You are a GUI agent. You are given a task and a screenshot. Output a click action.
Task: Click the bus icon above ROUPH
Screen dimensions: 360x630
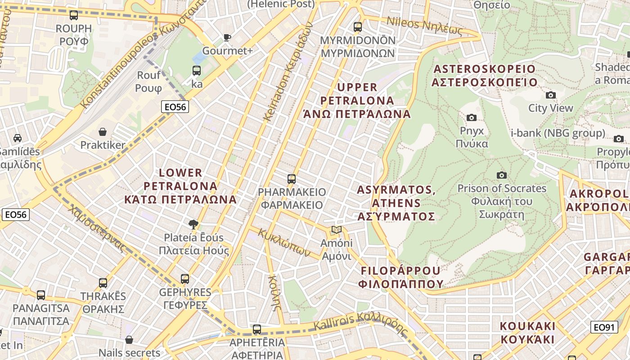tap(74, 15)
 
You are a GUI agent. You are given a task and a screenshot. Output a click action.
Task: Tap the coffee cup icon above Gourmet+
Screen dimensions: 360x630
tap(227, 37)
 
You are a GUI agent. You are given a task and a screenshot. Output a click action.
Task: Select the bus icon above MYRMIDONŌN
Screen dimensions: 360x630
tap(358, 27)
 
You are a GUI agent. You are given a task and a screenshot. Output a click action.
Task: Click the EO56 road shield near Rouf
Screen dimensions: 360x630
tap(175, 107)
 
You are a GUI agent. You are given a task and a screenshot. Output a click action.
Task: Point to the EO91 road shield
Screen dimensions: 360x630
tap(604, 327)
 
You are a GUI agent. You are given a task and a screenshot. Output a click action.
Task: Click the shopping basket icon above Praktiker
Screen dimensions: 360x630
tap(103, 132)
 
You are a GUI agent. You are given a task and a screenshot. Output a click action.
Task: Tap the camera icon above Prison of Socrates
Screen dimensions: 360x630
tap(501, 175)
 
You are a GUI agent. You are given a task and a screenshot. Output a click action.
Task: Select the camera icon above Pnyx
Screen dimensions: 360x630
tap(472, 118)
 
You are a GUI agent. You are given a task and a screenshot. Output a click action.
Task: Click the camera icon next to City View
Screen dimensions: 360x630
tap(550, 95)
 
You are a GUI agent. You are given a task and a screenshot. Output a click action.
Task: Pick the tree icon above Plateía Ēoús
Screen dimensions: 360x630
tap(193, 224)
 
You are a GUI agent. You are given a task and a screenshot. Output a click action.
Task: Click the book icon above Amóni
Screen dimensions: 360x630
tap(336, 230)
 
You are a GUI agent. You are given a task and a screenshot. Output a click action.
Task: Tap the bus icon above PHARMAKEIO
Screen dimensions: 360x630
tap(292, 179)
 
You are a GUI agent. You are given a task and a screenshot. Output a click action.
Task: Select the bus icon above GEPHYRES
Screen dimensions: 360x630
tap(185, 279)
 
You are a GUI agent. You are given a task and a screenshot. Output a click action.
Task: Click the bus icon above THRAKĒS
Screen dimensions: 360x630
tap(103, 283)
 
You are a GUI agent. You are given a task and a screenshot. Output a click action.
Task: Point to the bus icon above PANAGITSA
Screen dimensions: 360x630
tap(41, 295)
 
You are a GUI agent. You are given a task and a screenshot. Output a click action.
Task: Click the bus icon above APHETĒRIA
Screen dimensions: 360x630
tap(257, 329)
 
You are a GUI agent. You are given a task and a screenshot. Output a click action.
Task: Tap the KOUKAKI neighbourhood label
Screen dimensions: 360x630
tap(527, 333)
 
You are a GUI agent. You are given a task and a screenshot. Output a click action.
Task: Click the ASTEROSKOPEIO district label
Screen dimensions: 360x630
tap(484, 76)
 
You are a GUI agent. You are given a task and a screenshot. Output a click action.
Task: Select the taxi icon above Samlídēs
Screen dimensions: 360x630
tap(18, 138)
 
